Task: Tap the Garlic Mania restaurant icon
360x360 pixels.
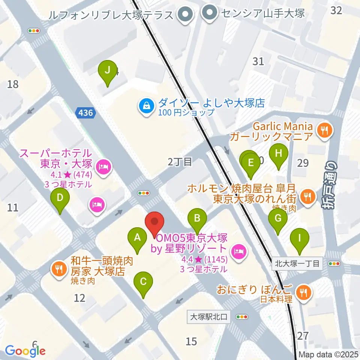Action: (322, 130)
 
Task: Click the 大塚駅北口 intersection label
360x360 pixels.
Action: (208, 317)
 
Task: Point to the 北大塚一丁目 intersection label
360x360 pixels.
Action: (297, 264)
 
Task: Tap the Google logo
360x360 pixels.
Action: (25, 350)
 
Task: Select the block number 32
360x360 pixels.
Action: (336, 10)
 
